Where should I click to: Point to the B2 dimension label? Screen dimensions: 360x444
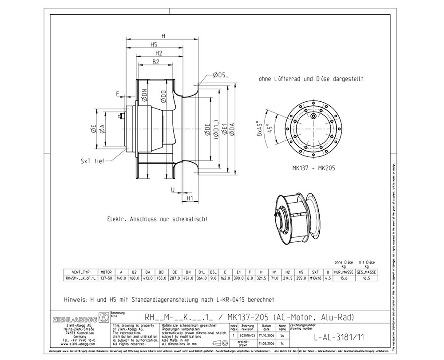(x=156, y=62)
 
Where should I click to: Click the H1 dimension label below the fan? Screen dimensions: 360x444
(x=189, y=198)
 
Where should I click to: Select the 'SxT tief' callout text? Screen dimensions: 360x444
(x=92, y=161)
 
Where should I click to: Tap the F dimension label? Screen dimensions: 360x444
(x=118, y=94)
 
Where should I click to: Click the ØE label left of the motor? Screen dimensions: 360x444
(x=94, y=129)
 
